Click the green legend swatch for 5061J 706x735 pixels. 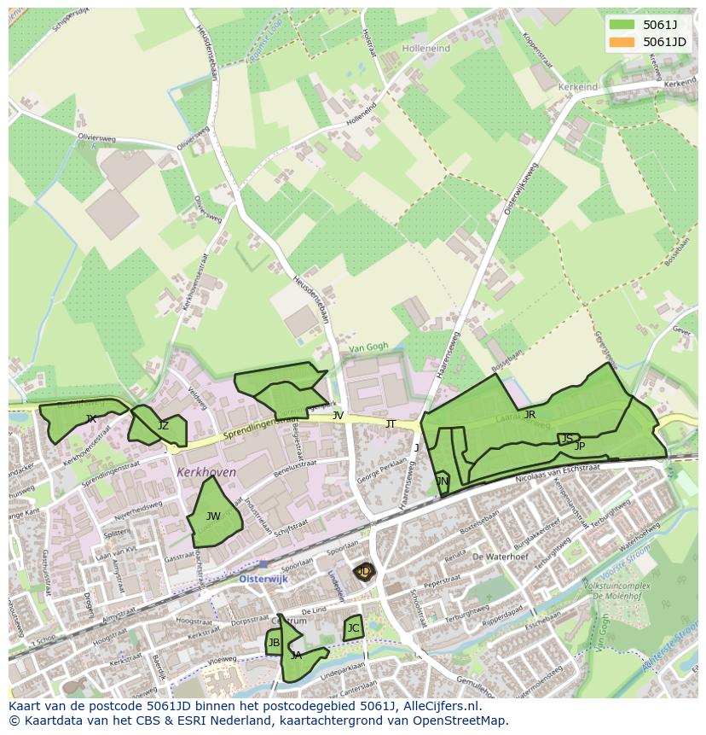pyautogui.click(x=622, y=25)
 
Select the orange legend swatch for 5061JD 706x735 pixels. pyautogui.click(x=622, y=42)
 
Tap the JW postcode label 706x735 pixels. pyautogui.click(x=213, y=516)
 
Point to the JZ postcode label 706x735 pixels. pyautogui.click(x=163, y=425)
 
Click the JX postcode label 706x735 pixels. pyautogui.click(x=90, y=418)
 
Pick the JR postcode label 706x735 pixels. pyautogui.click(x=529, y=415)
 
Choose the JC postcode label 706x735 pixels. pyautogui.click(x=353, y=627)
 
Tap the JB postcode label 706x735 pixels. pyautogui.click(x=274, y=643)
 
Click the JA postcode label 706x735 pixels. pyautogui.click(x=296, y=656)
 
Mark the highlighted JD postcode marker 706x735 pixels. pyautogui.click(x=364, y=571)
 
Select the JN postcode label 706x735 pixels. pyautogui.click(x=442, y=481)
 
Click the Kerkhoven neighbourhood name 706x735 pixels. pyautogui.click(x=205, y=472)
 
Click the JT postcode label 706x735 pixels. pyautogui.click(x=391, y=423)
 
